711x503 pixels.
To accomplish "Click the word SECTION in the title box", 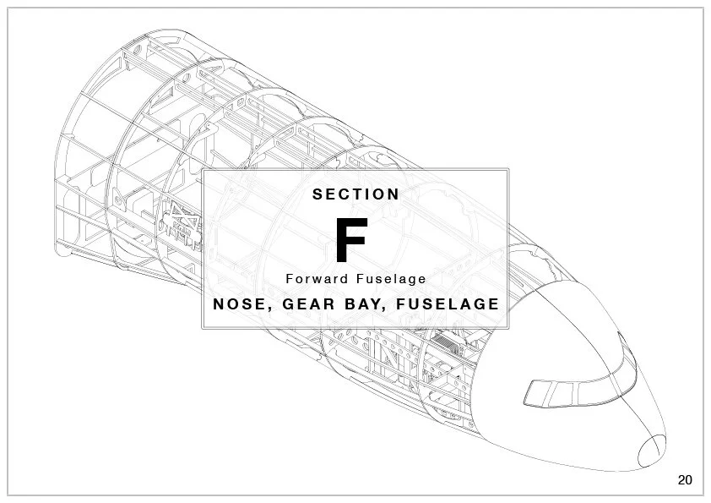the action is coord(355,194).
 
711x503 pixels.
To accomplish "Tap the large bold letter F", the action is coord(350,240).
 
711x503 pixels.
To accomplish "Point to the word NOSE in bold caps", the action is coord(239,303).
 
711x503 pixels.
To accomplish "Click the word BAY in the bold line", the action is coord(364,303).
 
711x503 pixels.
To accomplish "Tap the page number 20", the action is coord(685,480).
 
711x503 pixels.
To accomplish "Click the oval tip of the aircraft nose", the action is coord(652,450).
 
